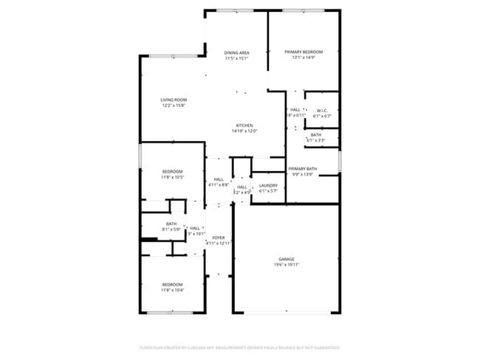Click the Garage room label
[287, 259]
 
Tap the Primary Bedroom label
[304, 52]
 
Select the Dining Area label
[236, 52]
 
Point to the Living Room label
[174, 100]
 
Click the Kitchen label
[245, 125]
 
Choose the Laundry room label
[268, 185]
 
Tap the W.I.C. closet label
[322, 111]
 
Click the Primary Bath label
[303, 169]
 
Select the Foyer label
[219, 238]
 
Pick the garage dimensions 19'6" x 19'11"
[287, 264]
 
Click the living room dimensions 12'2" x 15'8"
[174, 105]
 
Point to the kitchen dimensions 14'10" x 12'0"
[245, 131]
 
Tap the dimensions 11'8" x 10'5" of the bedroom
[174, 177]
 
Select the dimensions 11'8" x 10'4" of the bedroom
[174, 290]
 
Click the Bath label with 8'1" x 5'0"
[171, 224]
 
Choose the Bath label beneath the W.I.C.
[316, 135]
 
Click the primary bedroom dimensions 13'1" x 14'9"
[304, 58]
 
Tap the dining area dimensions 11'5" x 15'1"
[236, 58]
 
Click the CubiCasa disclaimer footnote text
[240, 347]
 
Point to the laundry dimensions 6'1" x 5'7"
[268, 190]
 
